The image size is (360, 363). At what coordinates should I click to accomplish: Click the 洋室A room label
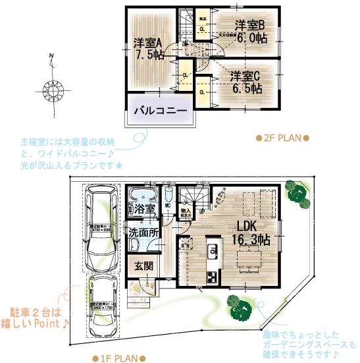pos(148,43)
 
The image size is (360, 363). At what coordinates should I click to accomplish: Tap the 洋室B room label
pos(250,25)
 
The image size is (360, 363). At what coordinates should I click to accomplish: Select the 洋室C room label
pos(245,74)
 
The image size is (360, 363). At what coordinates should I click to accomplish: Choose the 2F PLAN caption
pos(282,138)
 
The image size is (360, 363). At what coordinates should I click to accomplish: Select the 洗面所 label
pos(142,233)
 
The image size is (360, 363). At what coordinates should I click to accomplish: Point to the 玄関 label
pos(144,266)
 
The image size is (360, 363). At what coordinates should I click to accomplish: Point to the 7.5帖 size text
pos(149,56)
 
